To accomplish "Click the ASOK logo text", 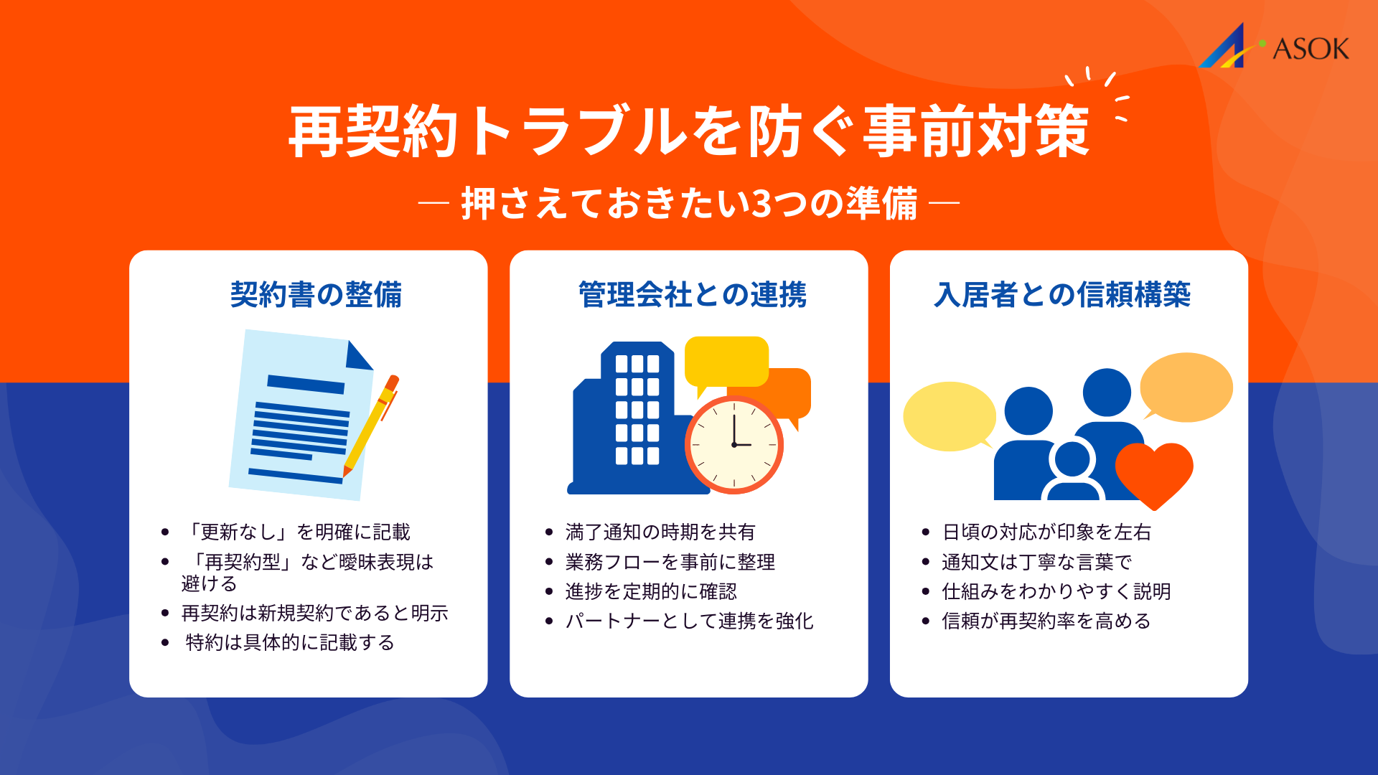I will pos(1310,49).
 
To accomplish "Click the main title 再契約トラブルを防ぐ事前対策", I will pos(689,131).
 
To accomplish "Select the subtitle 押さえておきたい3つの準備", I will pos(689,203).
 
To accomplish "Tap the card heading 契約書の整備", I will pos(316,294).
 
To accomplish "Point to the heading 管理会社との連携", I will pos(693,294).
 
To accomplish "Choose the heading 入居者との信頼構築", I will pos(1062,294).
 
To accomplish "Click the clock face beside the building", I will pos(733,445).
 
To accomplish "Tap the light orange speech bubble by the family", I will pos(1186,387).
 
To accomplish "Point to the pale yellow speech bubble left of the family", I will pos(949,416).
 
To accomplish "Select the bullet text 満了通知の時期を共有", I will pos(660,532).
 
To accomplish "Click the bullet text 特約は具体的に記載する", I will pos(290,642).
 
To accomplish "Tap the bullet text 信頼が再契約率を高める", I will pos(1046,621).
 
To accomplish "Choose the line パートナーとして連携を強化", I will pos(689,621).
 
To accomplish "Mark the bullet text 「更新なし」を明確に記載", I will pos(298,532).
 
